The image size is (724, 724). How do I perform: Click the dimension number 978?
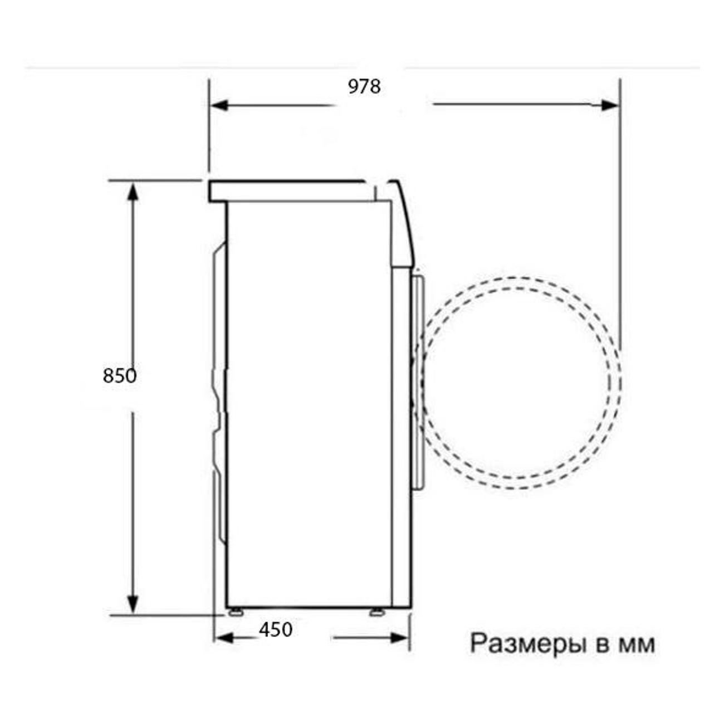click(364, 87)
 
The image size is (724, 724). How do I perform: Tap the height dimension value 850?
click(120, 376)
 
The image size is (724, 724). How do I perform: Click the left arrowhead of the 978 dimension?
click(219, 106)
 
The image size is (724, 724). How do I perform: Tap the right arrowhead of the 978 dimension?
click(609, 106)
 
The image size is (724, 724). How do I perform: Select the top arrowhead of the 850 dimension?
click(133, 191)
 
